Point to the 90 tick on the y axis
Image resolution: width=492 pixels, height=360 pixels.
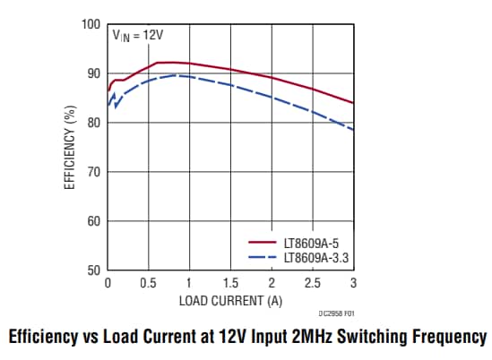point(92,73)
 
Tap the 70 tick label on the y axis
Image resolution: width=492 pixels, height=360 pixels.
point(92,171)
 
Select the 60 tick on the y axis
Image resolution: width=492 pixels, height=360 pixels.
point(92,220)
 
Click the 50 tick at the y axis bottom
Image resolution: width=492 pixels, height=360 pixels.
point(92,270)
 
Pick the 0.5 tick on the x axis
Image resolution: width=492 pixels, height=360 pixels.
point(148,283)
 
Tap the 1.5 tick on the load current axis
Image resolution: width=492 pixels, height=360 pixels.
point(230,283)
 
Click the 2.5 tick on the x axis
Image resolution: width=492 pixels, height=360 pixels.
point(312,283)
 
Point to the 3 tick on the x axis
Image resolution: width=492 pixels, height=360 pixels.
point(353,283)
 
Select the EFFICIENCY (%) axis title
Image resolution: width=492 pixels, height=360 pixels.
point(69,148)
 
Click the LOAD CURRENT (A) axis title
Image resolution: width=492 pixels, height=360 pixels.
point(230,298)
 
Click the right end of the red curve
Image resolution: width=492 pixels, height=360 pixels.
point(353,103)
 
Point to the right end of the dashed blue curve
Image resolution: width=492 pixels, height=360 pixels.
point(353,130)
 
